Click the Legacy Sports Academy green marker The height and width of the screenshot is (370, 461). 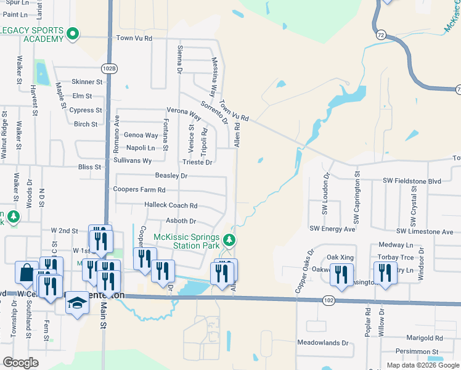click(73, 34)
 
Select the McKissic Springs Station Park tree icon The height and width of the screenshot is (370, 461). click(230, 240)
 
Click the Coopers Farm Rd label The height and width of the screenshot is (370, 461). click(138, 189)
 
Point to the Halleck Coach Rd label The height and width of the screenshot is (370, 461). click(171, 205)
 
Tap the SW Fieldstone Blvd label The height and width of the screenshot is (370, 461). click(412, 181)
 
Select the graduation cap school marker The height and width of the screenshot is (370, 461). click(76, 302)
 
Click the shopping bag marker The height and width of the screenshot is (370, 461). click(27, 273)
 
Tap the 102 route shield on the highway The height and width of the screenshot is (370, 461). click(328, 300)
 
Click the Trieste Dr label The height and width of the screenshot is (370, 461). click(197, 163)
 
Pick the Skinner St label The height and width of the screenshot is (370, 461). click(87, 81)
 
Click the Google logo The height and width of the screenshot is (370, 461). click(21, 363)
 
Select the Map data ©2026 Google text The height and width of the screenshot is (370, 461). click(422, 365)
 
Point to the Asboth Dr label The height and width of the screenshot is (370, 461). click(181, 221)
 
